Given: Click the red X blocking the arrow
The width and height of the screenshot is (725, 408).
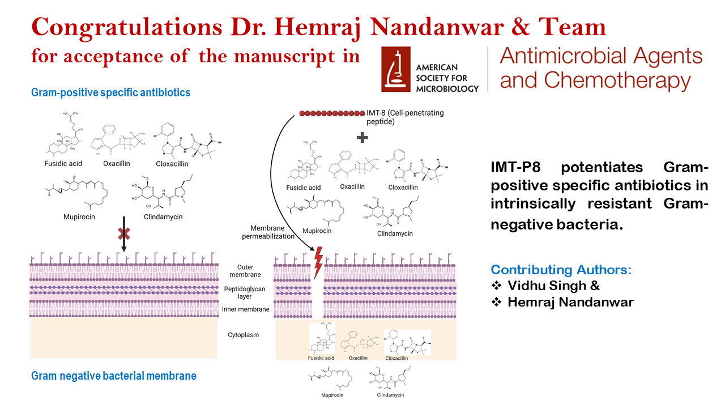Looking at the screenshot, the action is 123,235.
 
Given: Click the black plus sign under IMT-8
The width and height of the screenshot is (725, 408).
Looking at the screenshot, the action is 361,138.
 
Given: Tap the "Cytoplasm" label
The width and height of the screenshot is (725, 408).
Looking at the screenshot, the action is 243,335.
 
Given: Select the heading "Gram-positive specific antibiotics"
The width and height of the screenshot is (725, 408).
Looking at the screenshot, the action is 110,92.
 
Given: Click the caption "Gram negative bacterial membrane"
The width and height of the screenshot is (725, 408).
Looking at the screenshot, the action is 114,376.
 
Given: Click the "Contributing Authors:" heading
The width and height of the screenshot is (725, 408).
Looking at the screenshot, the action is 561,270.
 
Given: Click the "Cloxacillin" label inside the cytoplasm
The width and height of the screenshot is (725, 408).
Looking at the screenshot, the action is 396,358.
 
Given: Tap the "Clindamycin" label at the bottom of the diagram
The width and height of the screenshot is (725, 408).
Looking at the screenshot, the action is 390,395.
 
